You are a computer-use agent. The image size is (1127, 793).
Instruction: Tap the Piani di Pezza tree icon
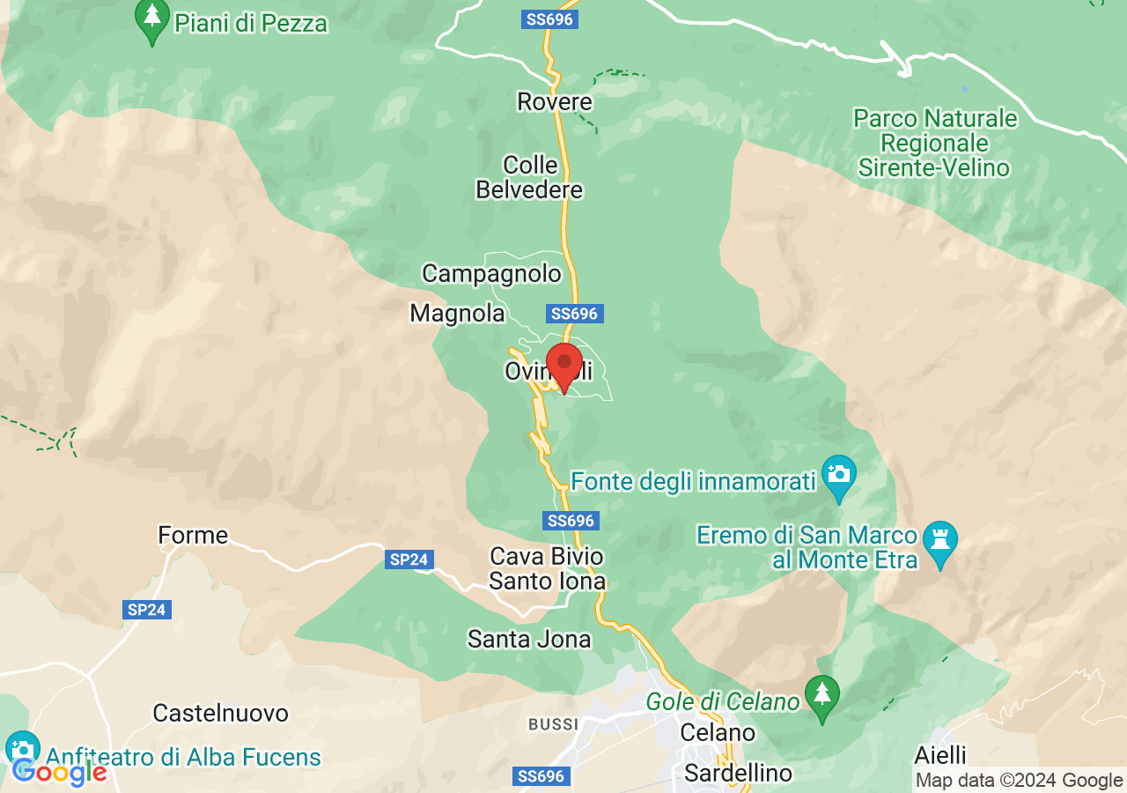pos(152,19)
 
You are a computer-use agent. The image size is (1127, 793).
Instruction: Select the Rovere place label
pos(555,102)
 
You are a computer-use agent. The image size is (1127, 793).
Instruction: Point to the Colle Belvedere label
pos(530,177)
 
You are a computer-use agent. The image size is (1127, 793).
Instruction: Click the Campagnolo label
pos(491,273)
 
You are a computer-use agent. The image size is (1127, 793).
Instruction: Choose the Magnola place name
pos(458,313)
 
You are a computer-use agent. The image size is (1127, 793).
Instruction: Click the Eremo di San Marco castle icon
pos(939,537)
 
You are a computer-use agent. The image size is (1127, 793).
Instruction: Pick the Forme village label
pos(193,535)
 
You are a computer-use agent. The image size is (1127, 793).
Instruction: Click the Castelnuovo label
pos(220,713)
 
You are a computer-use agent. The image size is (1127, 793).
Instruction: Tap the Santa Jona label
pos(529,639)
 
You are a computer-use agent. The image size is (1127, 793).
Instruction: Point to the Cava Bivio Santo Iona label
pos(547,569)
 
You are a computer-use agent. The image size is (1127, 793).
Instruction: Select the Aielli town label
pos(939,755)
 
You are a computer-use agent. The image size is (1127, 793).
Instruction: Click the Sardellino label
pos(739,774)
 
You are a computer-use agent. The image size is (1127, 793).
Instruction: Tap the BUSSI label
pos(553,724)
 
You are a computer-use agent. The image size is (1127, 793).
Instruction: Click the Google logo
pos(59,772)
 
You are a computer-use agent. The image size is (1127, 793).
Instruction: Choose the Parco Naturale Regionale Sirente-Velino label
pos(936,143)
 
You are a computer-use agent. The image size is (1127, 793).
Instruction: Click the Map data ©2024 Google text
pos(1019,780)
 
